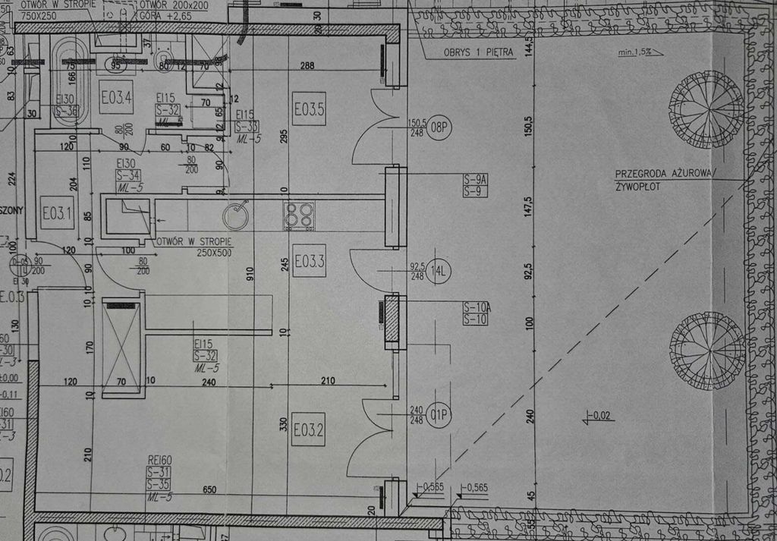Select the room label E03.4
click(x=116, y=97)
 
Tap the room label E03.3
click(x=309, y=262)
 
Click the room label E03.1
click(x=57, y=212)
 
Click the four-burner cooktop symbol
click(x=299, y=215)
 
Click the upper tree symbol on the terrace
click(x=706, y=109)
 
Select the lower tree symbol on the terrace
click(x=706, y=351)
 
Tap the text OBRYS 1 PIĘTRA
click(x=478, y=52)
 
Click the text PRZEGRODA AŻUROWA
click(x=665, y=173)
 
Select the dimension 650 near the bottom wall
click(x=209, y=490)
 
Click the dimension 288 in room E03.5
click(x=307, y=66)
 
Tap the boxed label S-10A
click(x=476, y=307)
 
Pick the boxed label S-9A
click(x=475, y=179)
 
